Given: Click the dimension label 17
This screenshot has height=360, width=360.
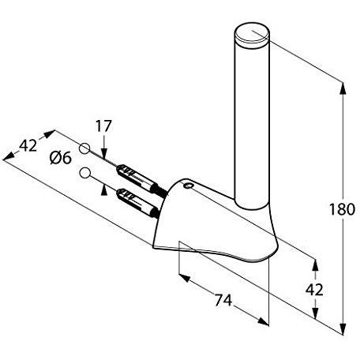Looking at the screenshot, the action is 103,126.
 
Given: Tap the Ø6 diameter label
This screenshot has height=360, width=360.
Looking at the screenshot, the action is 61,158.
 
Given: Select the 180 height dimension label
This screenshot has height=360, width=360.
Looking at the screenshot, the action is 342,209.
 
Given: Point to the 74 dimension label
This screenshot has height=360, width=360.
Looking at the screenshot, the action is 223,300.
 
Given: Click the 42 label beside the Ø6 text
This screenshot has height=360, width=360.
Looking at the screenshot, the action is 28,145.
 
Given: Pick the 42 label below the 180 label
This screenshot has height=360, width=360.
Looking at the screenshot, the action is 314,290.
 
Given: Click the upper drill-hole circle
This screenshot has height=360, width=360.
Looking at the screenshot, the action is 84,148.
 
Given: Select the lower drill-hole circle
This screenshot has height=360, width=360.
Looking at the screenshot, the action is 84,173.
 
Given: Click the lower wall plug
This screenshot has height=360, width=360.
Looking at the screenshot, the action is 137,203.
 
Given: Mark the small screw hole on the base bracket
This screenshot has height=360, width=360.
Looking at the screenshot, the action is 189,186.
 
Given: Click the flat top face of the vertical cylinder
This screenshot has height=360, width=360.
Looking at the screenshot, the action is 252,32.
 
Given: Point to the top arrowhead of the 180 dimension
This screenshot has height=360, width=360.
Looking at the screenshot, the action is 343,88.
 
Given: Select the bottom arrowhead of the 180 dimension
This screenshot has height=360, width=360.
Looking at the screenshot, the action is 343,328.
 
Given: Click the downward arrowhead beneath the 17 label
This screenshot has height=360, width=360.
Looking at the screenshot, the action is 104,153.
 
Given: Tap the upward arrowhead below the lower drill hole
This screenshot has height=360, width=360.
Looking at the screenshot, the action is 104,190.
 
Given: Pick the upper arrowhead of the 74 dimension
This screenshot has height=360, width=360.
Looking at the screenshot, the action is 185,278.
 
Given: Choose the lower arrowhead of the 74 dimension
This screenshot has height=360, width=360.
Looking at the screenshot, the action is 263,321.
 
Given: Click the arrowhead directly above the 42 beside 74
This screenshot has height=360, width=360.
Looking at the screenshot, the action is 315,265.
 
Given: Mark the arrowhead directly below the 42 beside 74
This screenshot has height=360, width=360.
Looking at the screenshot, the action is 315,313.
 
